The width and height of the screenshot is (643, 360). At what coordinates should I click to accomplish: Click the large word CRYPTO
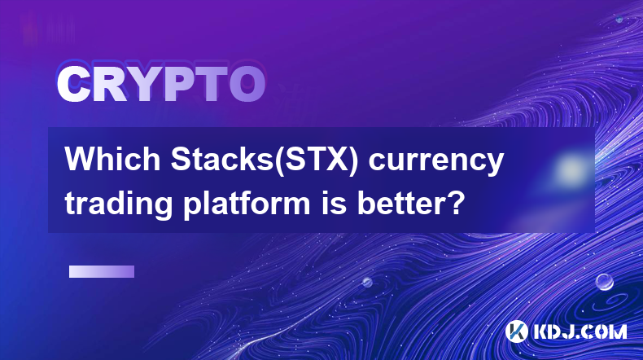pyautogui.click(x=161, y=84)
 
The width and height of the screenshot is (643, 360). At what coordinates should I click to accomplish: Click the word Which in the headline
pyautogui.click(x=113, y=159)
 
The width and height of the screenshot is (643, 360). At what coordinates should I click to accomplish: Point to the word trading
pyautogui.click(x=119, y=204)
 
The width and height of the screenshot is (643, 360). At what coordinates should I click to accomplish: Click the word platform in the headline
pyautogui.click(x=247, y=204)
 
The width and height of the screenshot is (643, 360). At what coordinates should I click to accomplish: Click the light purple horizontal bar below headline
pyautogui.click(x=102, y=272)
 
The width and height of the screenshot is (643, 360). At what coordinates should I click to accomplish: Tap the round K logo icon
pyautogui.click(x=517, y=331)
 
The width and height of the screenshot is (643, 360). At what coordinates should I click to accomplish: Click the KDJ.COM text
pyautogui.click(x=580, y=331)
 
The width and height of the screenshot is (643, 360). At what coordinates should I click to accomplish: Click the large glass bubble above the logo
pyautogui.click(x=605, y=282)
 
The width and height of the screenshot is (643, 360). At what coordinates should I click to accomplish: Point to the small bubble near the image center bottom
pyautogui.click(x=367, y=282)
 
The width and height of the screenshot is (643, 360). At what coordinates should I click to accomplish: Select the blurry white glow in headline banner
pyautogui.click(x=571, y=169)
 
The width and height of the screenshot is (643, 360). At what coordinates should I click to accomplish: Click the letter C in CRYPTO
pyautogui.click(x=73, y=84)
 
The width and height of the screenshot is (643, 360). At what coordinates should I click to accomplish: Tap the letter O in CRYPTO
pyautogui.click(x=247, y=84)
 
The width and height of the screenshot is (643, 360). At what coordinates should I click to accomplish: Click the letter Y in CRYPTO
pyautogui.click(x=143, y=84)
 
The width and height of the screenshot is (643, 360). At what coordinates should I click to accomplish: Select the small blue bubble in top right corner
pyautogui.click(x=619, y=19)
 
